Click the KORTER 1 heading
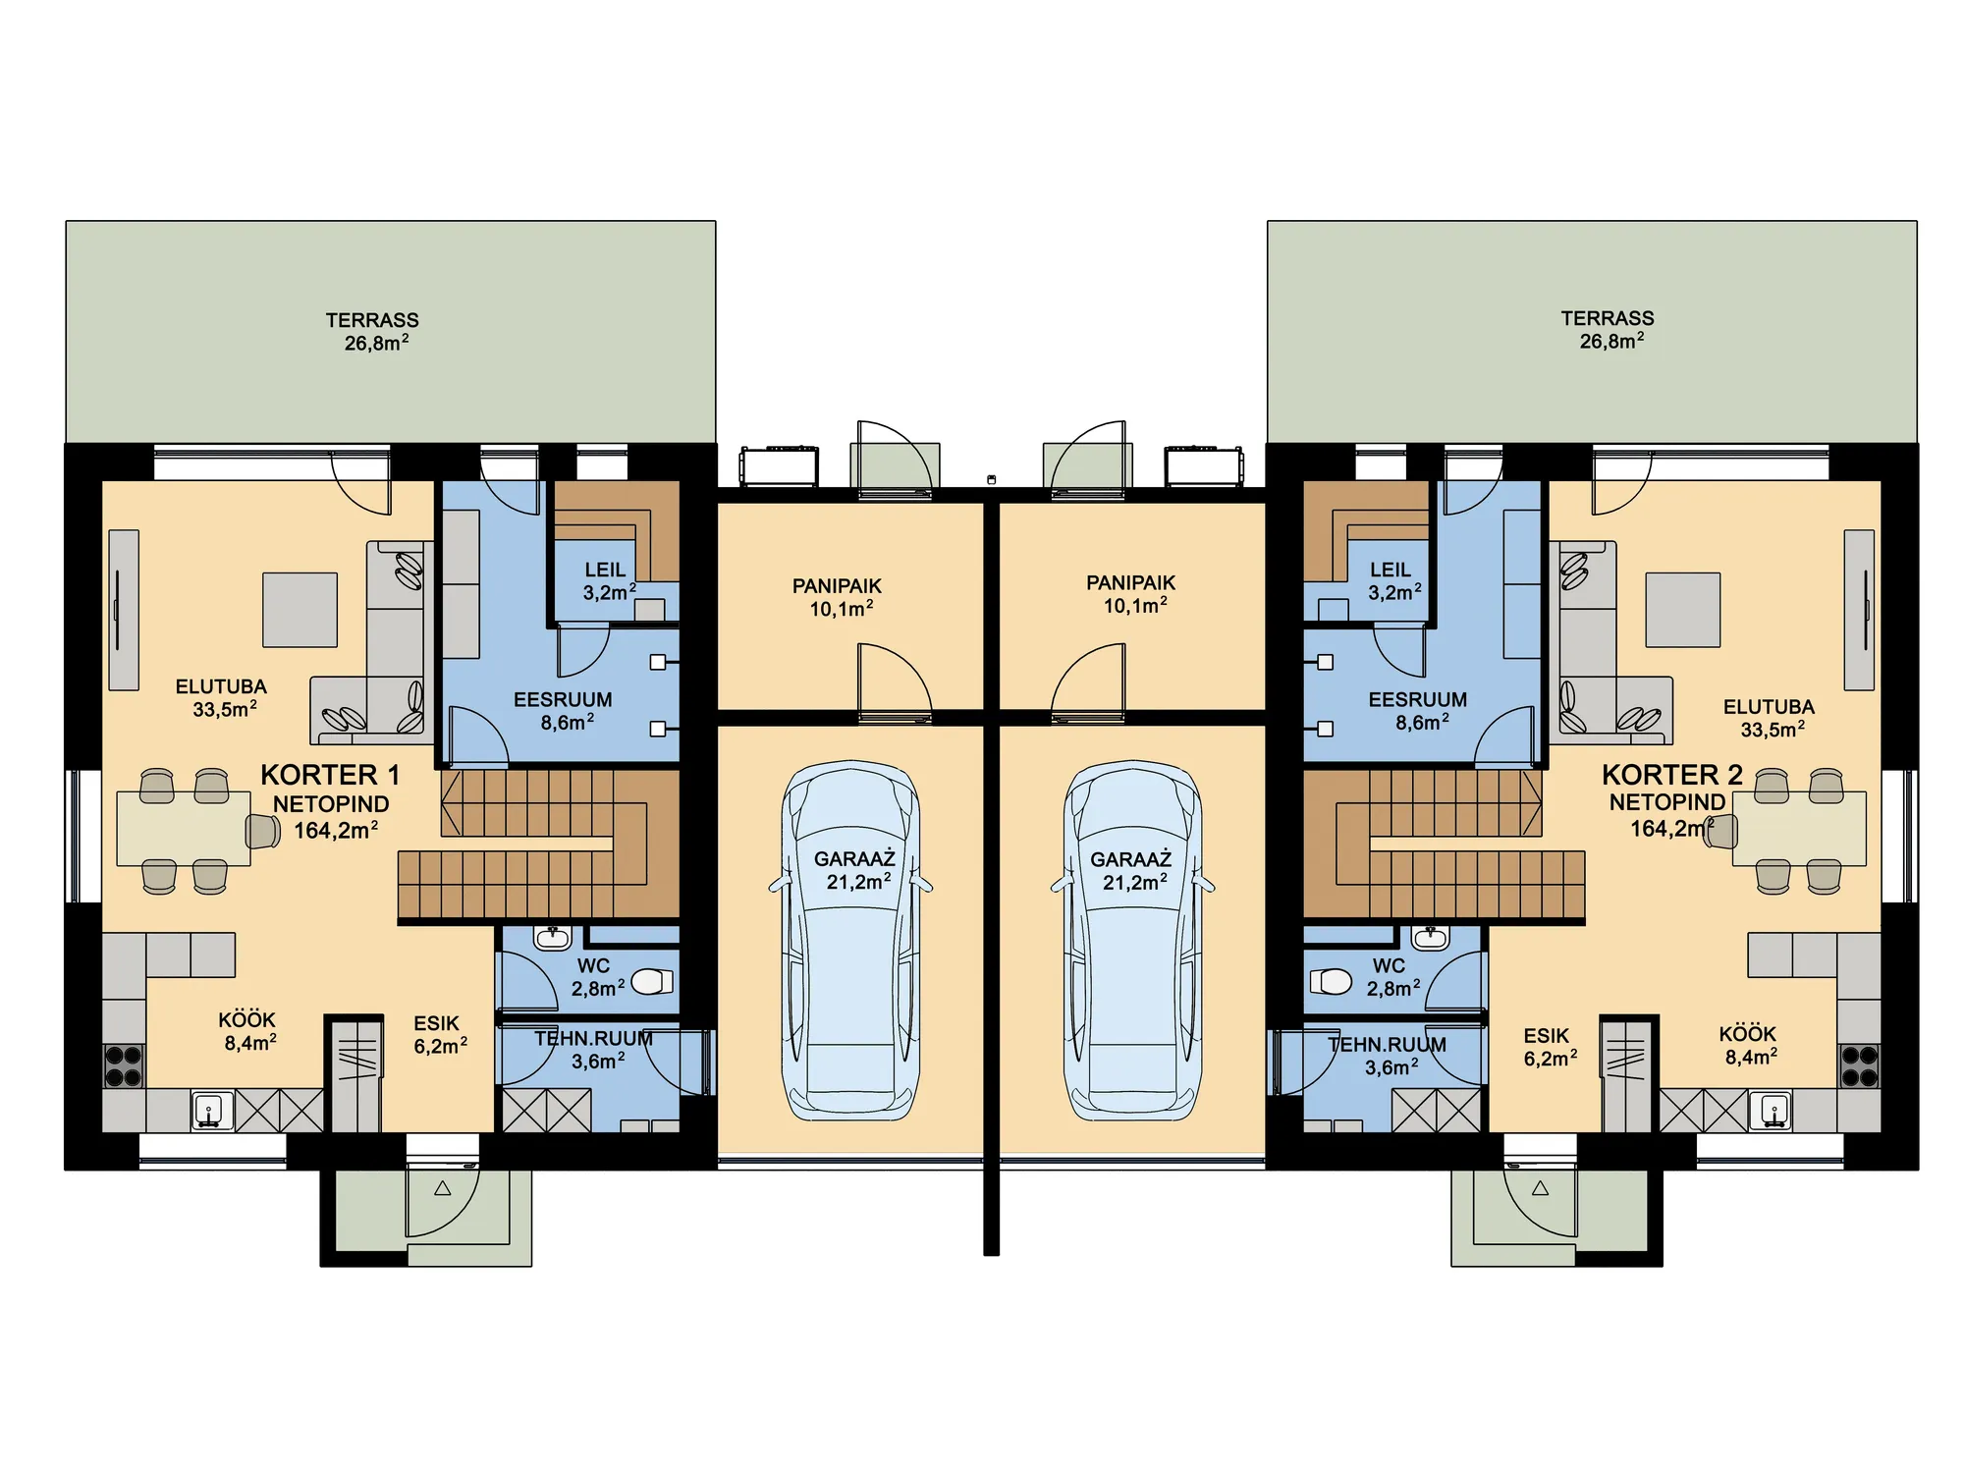330,775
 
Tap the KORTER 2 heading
1671,775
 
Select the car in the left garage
850,942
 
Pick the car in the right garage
1132,942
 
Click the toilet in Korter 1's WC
652,981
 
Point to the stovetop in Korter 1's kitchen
124,1066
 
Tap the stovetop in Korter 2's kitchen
1859,1066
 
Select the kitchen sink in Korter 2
1771,1110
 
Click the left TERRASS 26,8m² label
373,332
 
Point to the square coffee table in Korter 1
300,610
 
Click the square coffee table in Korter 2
1683,610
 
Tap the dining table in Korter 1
184,828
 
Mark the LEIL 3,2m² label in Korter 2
1391,581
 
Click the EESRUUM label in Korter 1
563,700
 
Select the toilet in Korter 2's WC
1332,981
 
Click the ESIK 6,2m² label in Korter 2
1550,1047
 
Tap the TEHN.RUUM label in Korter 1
594,1038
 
